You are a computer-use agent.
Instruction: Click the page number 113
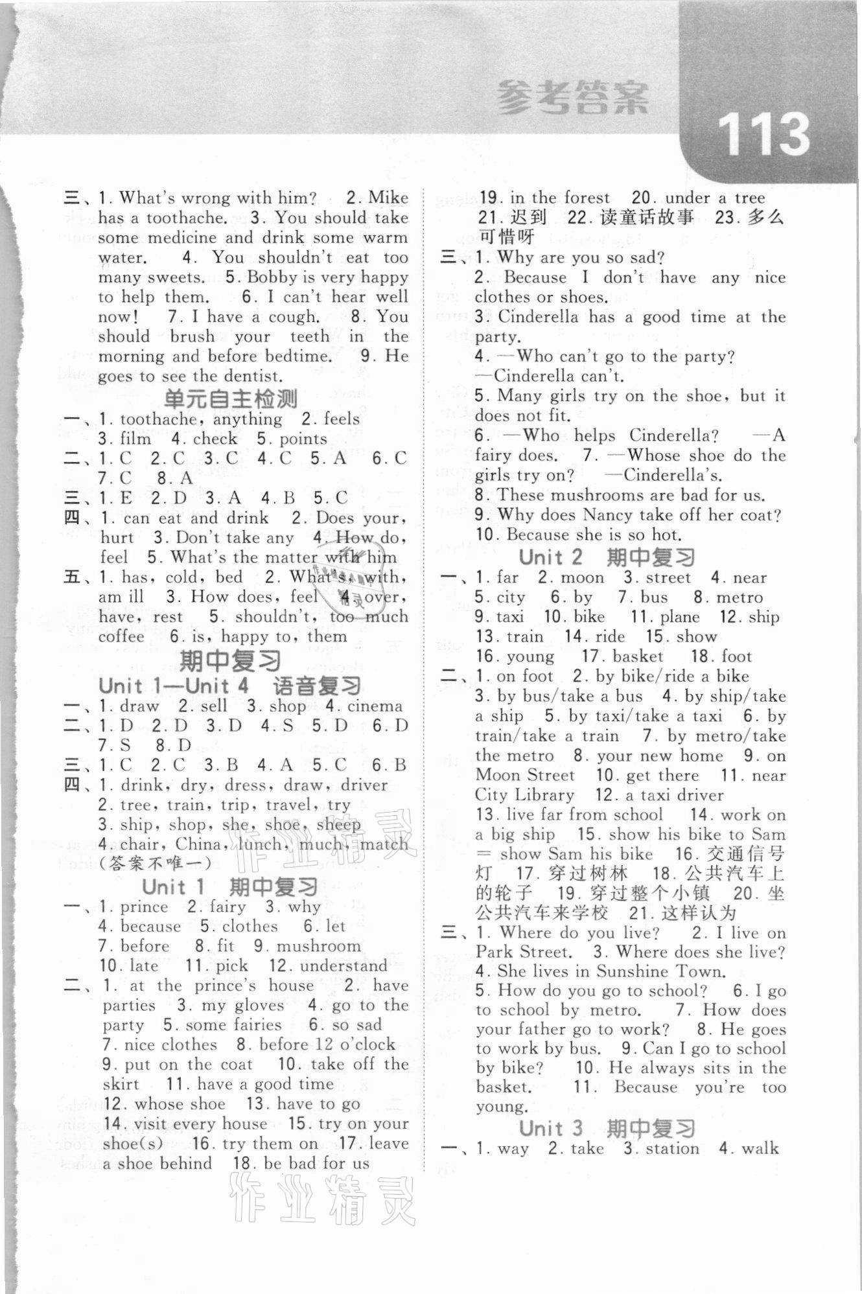pos(763,135)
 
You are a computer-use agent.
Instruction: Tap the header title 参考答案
pos(572,98)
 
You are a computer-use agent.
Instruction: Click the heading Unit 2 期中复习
pos(607,557)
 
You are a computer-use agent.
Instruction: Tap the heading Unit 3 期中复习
pos(607,1128)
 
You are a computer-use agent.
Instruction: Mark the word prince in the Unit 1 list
pos(144,906)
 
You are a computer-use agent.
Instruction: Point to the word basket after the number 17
pos(638,656)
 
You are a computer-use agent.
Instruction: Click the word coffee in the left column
pos(121,636)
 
